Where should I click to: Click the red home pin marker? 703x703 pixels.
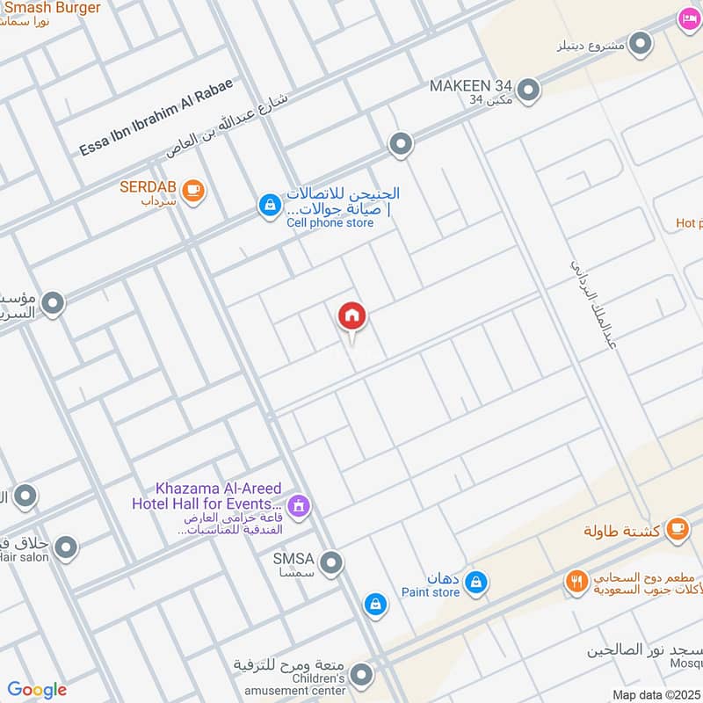tap(352, 316)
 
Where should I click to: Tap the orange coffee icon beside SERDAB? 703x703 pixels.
tap(194, 189)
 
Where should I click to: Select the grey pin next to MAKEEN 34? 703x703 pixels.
tap(527, 89)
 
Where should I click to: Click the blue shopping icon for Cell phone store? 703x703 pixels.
tap(269, 206)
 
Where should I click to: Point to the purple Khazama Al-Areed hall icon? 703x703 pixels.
tap(299, 505)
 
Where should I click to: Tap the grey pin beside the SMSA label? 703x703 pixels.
tap(331, 562)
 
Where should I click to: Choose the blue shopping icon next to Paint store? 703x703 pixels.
tap(475, 582)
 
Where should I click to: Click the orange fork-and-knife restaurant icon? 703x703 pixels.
tap(576, 581)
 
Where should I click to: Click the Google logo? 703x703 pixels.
tap(37, 690)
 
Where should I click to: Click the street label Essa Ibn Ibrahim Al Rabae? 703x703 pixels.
tap(156, 117)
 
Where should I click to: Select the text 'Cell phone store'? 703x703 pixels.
tap(330, 222)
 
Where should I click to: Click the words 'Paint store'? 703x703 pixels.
tap(431, 592)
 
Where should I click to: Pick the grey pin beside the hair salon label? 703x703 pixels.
tap(65, 549)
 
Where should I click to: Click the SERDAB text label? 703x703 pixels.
tap(148, 187)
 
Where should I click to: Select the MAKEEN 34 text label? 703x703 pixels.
tap(470, 86)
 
